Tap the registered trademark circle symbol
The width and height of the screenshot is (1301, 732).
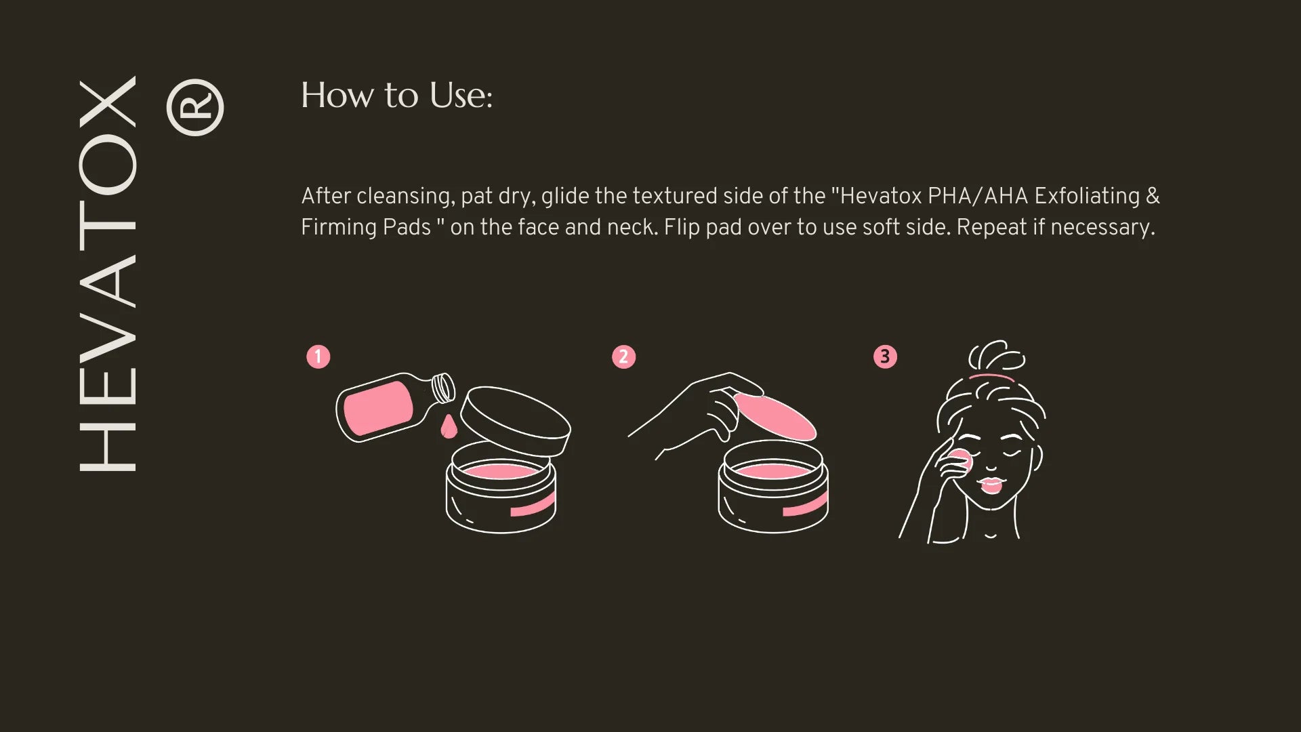tap(195, 108)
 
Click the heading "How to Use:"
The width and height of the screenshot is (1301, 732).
tap(396, 96)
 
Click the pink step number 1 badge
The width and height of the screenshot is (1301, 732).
tap(318, 357)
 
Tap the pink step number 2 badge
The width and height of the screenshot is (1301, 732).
tap(623, 357)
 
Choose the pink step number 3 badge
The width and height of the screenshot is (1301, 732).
tap(885, 357)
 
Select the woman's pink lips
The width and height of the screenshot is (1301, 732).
tap(991, 485)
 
